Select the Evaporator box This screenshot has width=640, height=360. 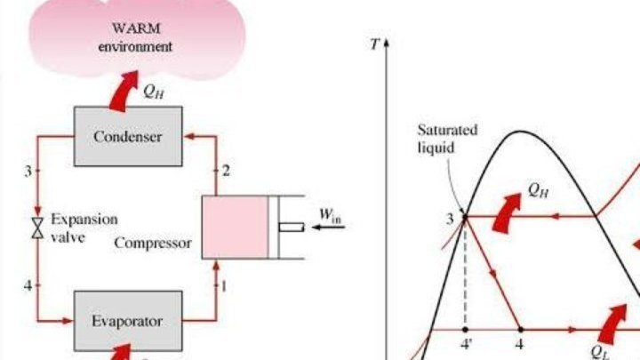(x=127, y=320)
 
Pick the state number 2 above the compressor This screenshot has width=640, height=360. (x=226, y=171)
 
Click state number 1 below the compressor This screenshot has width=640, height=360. (x=224, y=285)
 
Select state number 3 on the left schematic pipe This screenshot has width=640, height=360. (x=28, y=170)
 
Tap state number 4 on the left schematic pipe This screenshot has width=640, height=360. (x=28, y=285)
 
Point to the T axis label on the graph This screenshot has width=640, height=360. (x=373, y=42)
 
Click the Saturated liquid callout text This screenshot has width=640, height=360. (x=447, y=137)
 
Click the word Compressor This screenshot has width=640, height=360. (x=152, y=242)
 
